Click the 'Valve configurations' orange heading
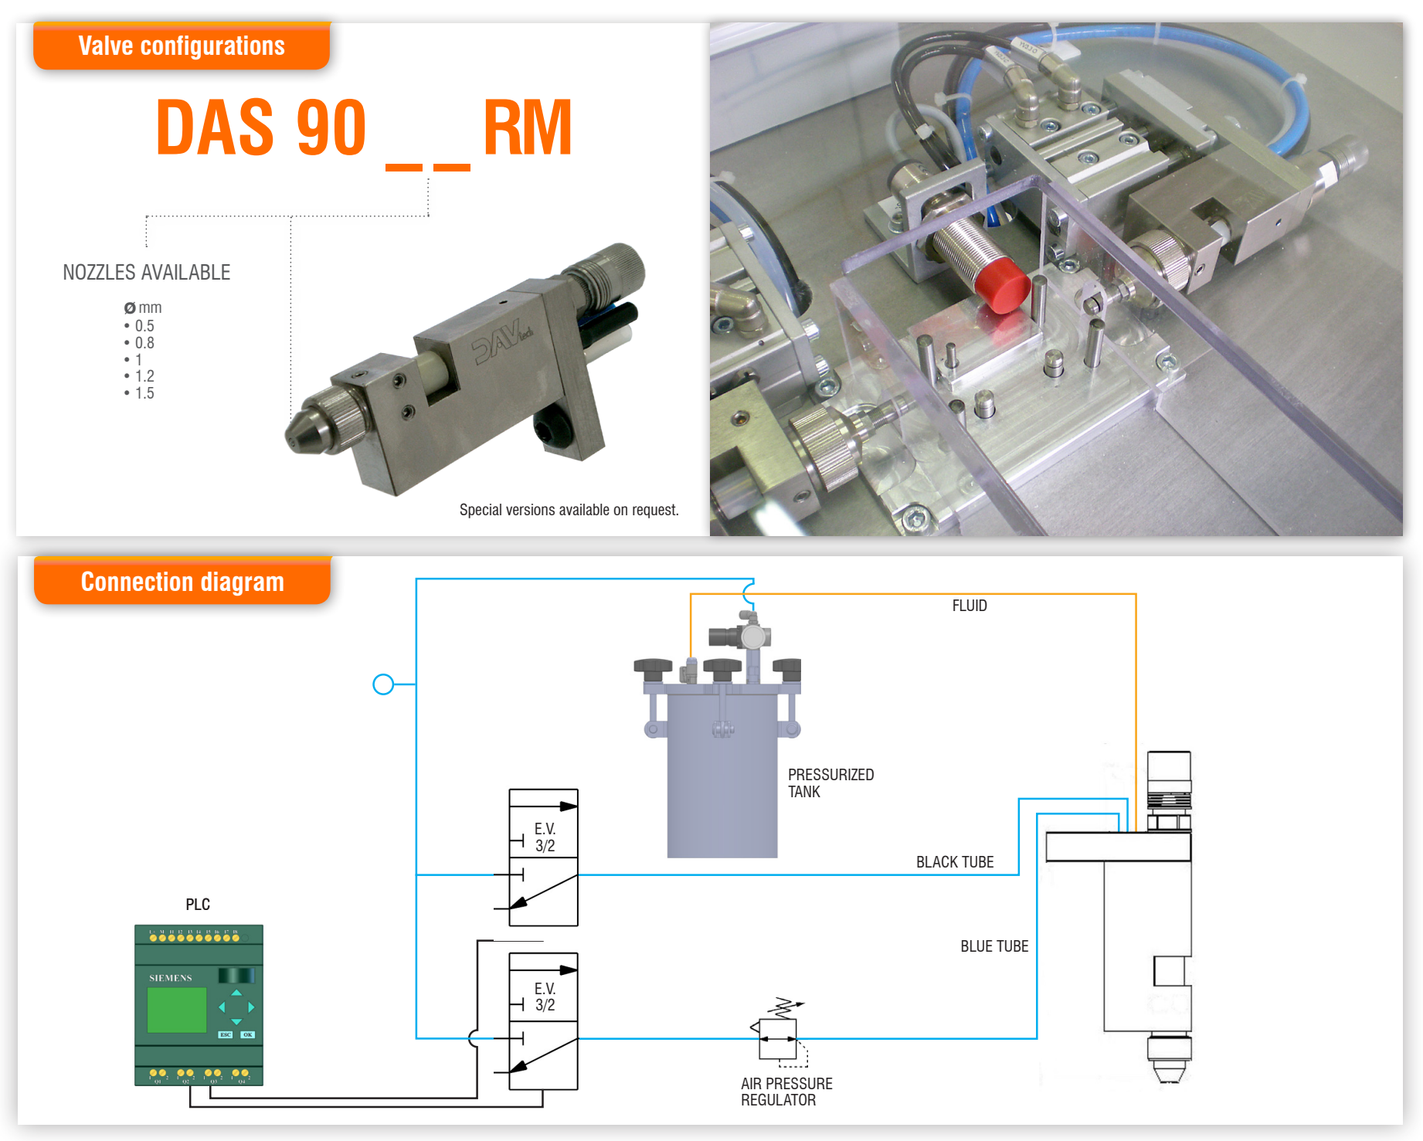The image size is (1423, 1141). coord(182,46)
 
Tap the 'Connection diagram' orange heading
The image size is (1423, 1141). coord(182,582)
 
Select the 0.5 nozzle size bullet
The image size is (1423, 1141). coord(143,326)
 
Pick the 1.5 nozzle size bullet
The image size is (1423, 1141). coord(143,393)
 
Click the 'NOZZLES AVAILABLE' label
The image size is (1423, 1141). coord(146,273)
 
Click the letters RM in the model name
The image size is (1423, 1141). coord(528,128)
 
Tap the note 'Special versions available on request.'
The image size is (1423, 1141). coord(569,510)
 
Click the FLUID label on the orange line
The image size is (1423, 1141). coord(969,606)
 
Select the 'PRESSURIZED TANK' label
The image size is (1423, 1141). coord(830,783)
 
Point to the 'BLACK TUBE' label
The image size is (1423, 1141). coord(954,862)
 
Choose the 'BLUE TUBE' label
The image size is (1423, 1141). coord(993,946)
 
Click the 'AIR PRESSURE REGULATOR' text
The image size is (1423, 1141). coord(786,1092)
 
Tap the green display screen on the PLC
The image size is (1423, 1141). coord(177,1010)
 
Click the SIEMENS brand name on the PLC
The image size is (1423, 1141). coord(171,978)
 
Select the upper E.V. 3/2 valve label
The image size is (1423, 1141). coord(545,837)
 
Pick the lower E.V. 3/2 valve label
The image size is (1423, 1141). coord(545,997)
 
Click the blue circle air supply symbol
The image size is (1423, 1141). coord(383,684)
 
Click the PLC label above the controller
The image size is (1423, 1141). coord(198,905)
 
